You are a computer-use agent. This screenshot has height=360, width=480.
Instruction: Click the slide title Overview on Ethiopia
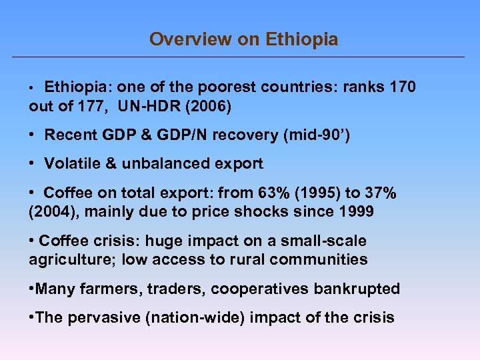[x=243, y=39]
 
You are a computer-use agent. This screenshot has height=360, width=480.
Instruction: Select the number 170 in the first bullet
[x=401, y=87]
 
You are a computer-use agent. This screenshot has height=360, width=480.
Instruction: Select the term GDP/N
[x=173, y=135]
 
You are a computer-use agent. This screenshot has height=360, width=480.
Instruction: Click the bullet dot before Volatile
[x=33, y=164]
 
